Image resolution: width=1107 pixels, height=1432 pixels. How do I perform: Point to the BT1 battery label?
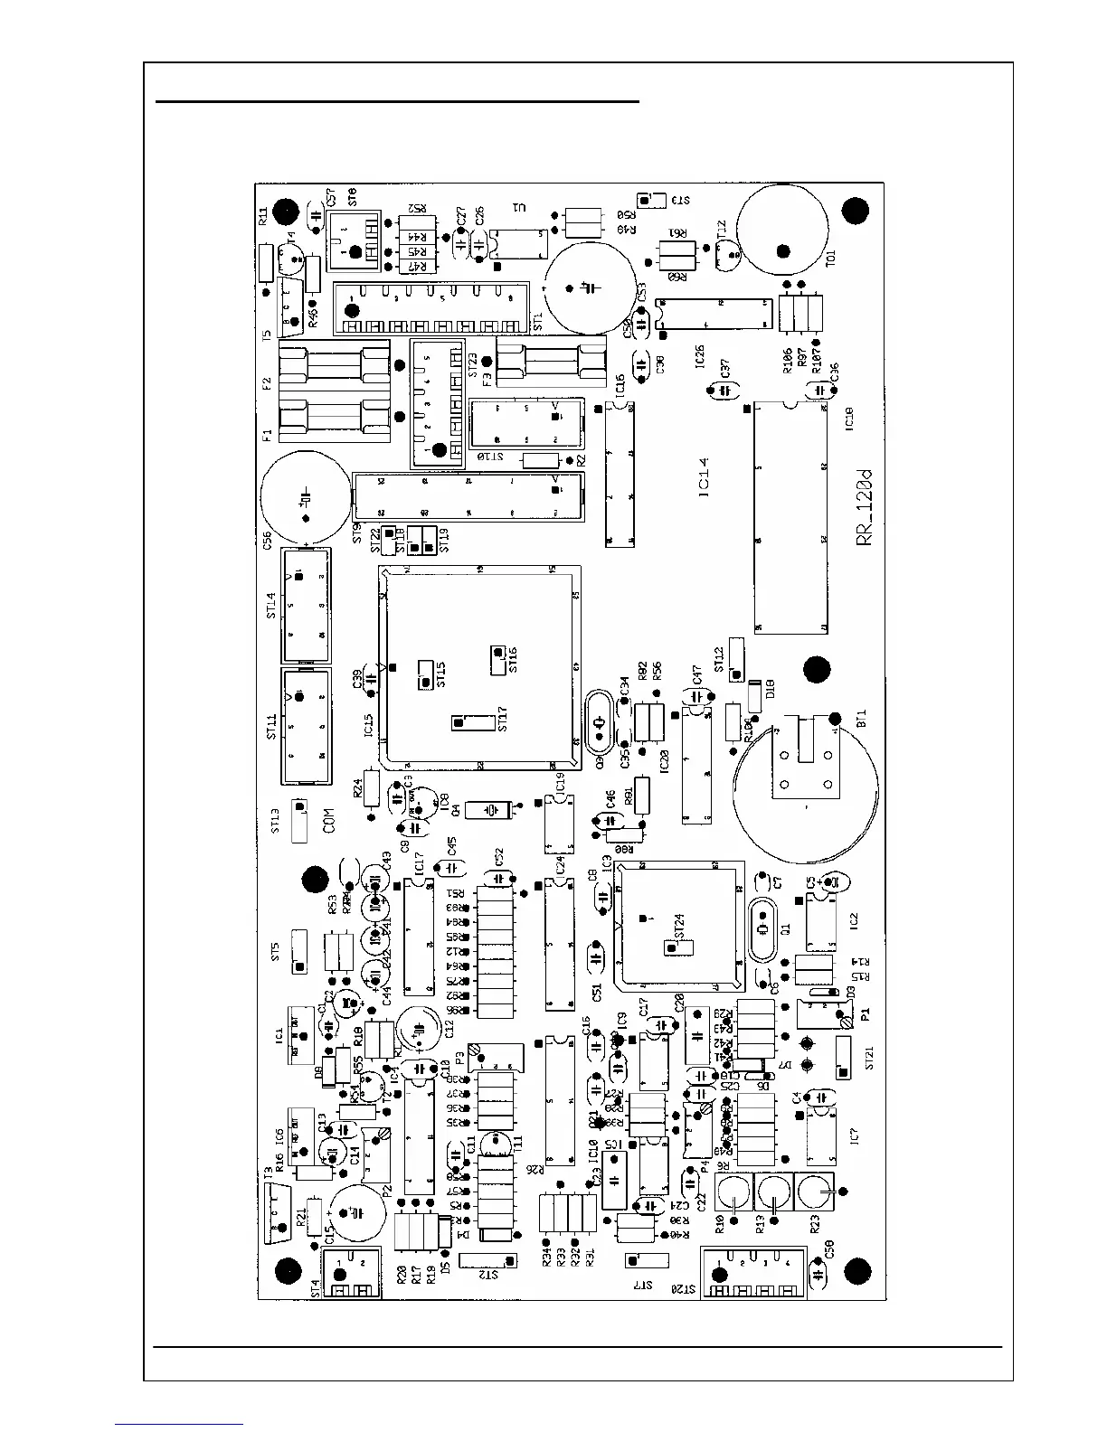861,720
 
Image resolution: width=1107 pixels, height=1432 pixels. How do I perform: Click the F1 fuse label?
268,435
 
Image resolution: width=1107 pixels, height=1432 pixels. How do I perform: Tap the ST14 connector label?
271,605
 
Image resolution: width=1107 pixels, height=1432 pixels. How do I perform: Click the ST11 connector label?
271,726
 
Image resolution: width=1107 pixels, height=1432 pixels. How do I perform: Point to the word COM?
329,820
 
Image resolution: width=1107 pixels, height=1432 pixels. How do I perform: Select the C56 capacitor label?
268,541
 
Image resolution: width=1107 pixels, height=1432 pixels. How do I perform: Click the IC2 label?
853,922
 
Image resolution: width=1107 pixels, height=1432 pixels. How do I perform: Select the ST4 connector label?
316,1287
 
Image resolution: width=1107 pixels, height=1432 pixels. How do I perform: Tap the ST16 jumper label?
513,661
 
